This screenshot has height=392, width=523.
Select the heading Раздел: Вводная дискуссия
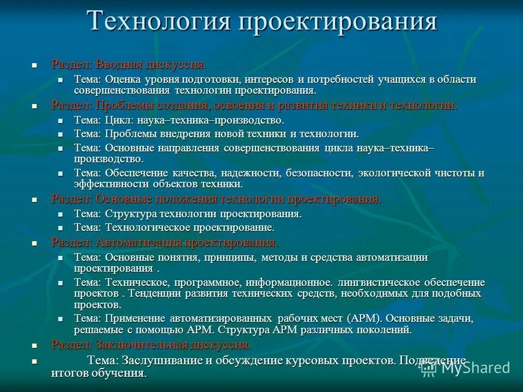point(129,64)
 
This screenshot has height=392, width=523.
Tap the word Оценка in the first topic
point(124,79)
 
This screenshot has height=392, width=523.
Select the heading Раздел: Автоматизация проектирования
point(165,242)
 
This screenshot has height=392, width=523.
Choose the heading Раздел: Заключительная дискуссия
point(151,345)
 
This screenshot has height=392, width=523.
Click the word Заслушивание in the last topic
point(163,360)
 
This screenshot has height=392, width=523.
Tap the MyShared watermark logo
point(466,367)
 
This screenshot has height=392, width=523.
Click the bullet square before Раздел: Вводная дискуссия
point(34,65)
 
